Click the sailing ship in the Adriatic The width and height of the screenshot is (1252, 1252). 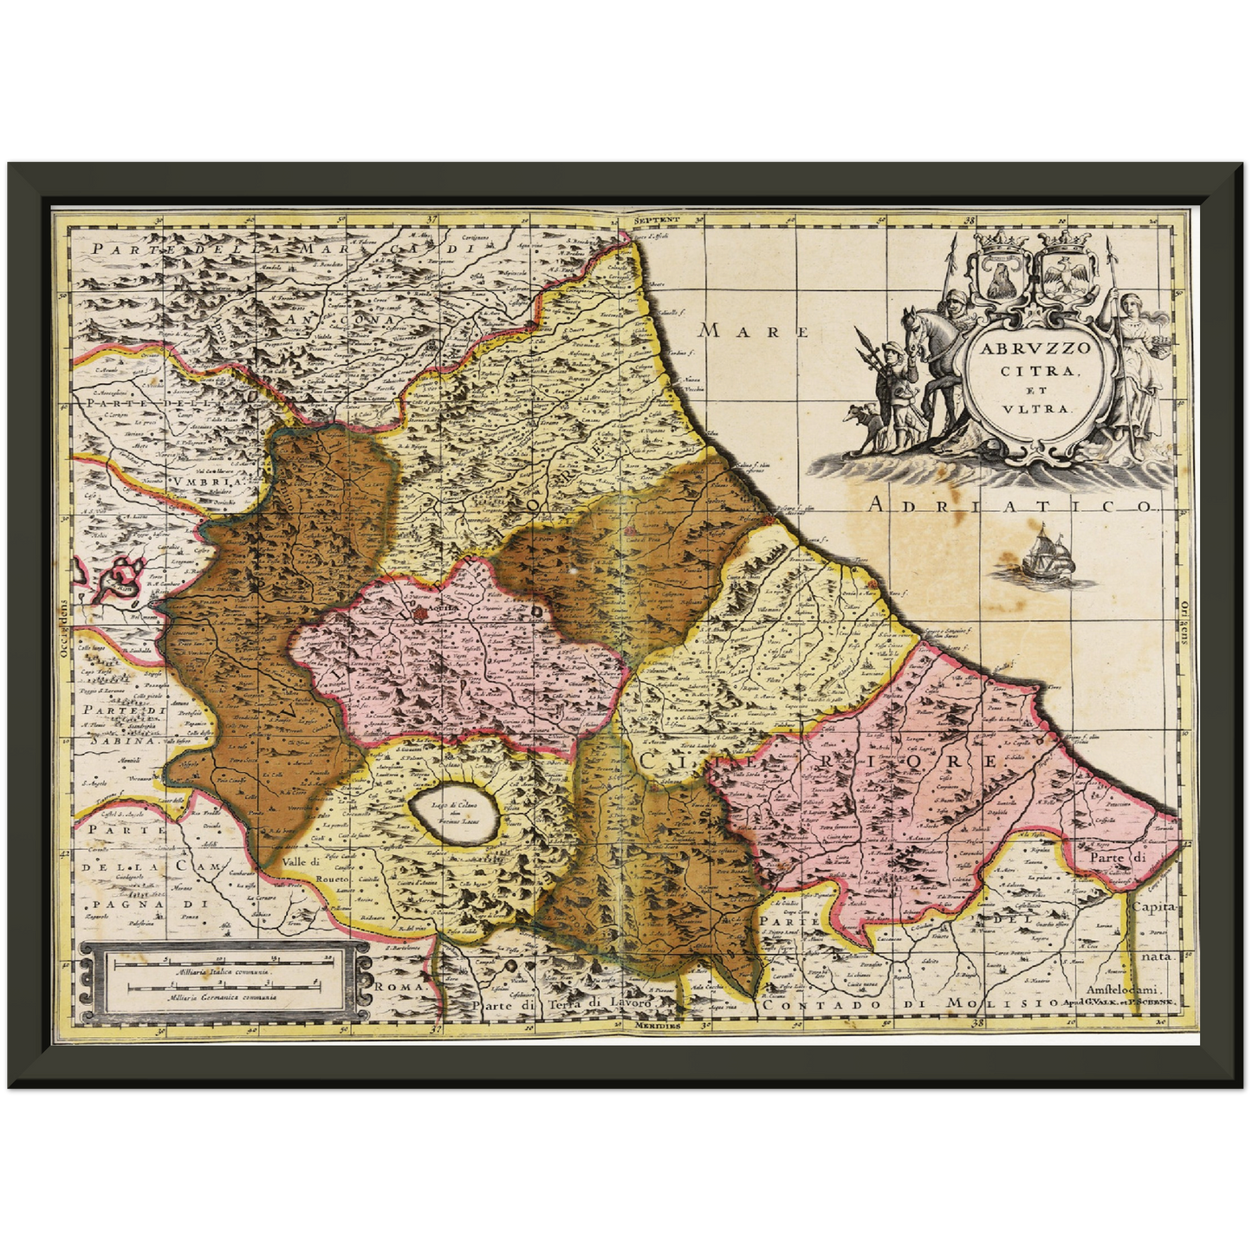click(x=1046, y=555)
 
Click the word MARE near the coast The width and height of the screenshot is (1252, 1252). click(x=754, y=331)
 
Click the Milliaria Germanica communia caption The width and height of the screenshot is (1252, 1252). click(x=224, y=997)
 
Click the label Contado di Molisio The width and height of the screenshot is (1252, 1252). click(x=909, y=1002)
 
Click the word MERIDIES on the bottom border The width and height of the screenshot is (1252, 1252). click(x=656, y=1024)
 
